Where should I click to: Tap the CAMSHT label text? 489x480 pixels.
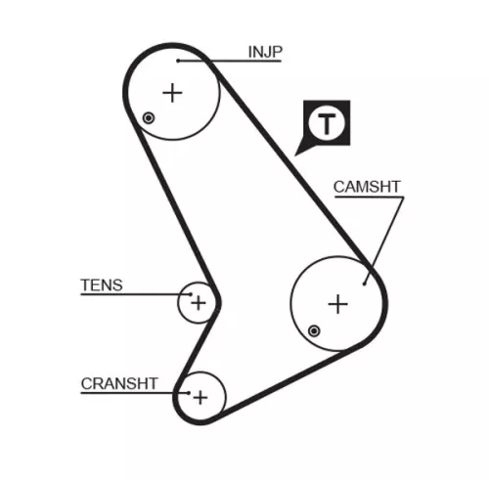coord(367,185)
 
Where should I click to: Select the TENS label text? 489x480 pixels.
coord(102,285)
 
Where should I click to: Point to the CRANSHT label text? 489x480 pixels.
coord(119,383)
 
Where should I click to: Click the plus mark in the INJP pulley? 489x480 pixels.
coord(172,93)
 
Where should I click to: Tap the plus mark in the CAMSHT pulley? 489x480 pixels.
coord(337,304)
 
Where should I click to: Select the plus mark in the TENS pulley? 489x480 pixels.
coord(198,302)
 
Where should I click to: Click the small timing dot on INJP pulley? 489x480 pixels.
coord(148,119)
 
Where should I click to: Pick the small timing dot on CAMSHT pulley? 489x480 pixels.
coord(313,330)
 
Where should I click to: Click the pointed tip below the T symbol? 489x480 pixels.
coord(298,154)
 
